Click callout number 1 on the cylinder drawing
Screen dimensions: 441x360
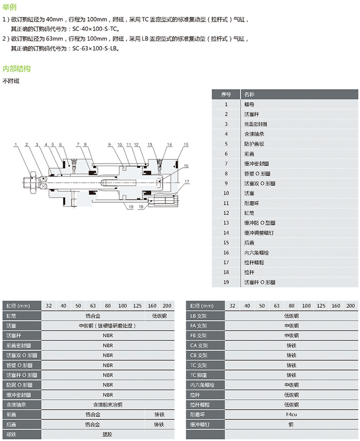tap(16, 145)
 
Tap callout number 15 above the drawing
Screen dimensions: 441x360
tap(186, 145)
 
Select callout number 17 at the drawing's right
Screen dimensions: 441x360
tap(188, 181)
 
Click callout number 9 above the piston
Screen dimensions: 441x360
tap(110, 145)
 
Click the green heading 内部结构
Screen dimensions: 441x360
tap(16, 68)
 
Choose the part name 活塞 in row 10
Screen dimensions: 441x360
tap(249, 193)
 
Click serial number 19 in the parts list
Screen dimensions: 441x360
tap(226, 282)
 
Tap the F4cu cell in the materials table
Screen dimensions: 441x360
tap(291, 414)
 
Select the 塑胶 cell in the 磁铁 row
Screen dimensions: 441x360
tap(107, 434)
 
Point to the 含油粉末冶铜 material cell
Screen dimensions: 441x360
tap(107, 404)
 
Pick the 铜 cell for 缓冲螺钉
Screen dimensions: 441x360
tap(291, 424)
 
